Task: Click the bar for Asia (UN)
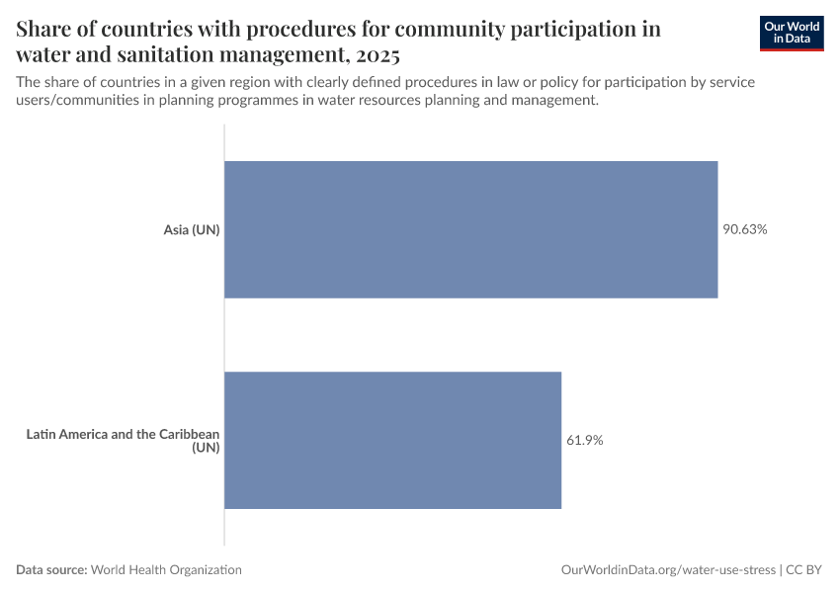tap(470, 229)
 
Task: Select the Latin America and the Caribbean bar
tap(392, 440)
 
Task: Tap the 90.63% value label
tap(744, 229)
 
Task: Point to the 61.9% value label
tap(584, 440)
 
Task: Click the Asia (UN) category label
tap(191, 230)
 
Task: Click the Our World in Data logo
tap(791, 33)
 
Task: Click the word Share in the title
tap(46, 29)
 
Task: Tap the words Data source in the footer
tap(51, 570)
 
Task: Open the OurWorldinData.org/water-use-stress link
tap(667, 570)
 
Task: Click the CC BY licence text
tap(805, 570)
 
